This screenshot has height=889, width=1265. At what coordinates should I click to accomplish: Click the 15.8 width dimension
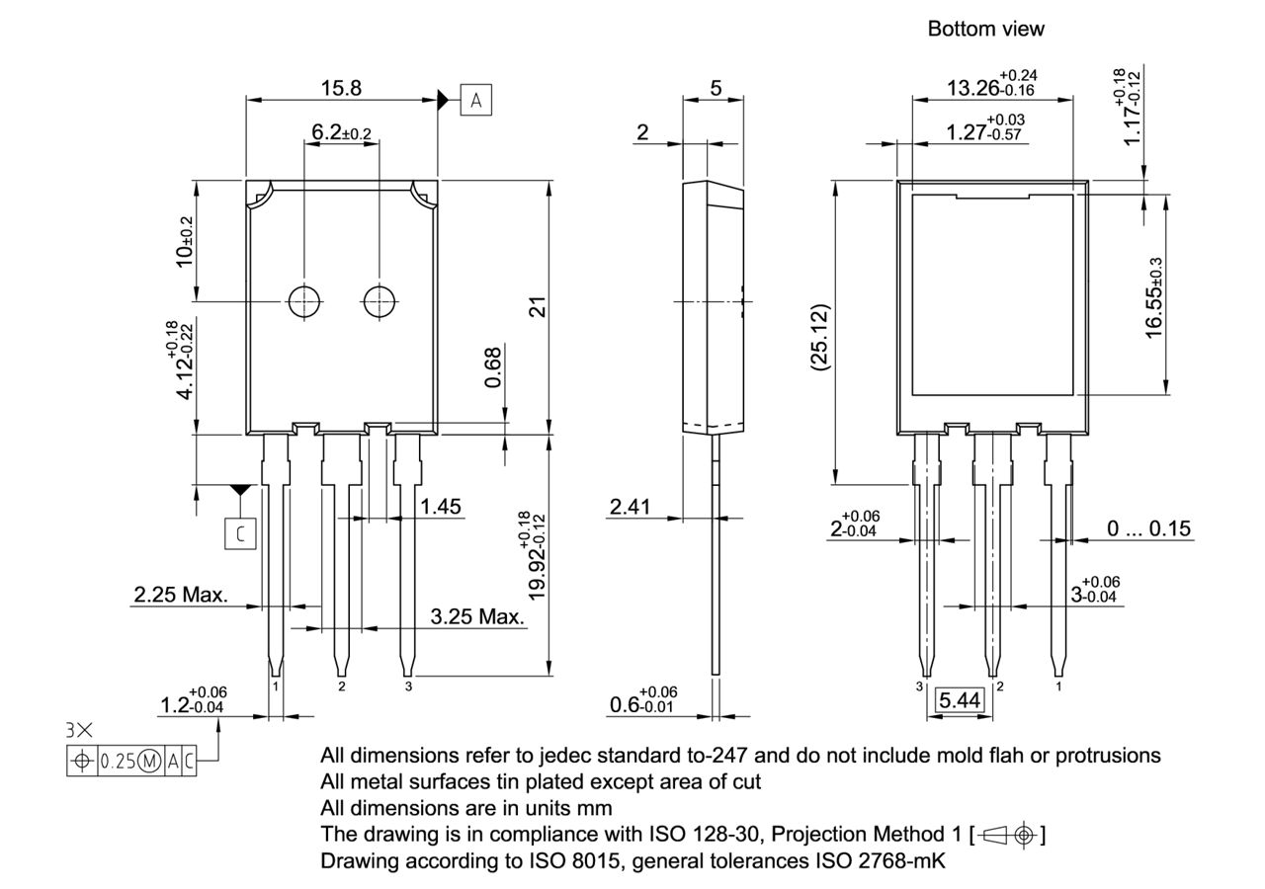pos(341,88)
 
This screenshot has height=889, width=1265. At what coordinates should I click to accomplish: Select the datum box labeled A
pos(475,100)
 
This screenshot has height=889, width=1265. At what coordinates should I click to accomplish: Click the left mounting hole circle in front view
pos(303,301)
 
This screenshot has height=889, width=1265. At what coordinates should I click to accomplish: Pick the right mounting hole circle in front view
pos(379,301)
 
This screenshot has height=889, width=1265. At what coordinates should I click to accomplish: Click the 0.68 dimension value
pos(494,366)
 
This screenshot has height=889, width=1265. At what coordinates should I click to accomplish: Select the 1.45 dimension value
pos(441,507)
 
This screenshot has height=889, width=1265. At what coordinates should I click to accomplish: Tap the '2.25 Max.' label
pos(181,596)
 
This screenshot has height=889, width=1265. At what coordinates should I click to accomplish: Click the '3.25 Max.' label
pos(476,617)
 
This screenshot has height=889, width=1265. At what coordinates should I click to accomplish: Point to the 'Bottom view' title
pos(985,30)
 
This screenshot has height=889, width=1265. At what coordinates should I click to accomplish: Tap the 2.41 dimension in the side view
pos(630,507)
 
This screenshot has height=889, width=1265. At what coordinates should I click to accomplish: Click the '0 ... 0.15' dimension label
pos(1148,529)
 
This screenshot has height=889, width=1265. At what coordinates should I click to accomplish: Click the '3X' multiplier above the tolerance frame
pos(80,732)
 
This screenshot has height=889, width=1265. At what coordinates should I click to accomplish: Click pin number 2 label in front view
pos(342,686)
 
